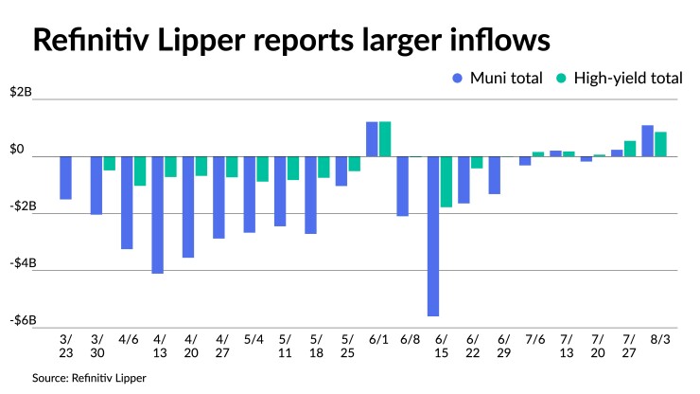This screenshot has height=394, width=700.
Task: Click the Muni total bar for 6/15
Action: (433, 236)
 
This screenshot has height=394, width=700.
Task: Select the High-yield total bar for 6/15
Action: (446, 182)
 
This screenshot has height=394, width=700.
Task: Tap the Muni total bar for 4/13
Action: (157, 215)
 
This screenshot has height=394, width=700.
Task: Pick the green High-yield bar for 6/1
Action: (385, 139)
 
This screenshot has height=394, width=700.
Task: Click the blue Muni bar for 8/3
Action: (648, 141)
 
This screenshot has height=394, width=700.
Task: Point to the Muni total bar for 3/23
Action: (65, 178)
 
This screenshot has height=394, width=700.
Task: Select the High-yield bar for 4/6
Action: (140, 171)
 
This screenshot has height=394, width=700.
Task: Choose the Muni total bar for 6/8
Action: (403, 187)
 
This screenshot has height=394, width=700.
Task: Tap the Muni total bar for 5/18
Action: (310, 195)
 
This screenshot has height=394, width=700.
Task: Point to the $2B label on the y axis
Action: (21, 93)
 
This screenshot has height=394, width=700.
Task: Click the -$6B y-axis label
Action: (21, 320)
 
